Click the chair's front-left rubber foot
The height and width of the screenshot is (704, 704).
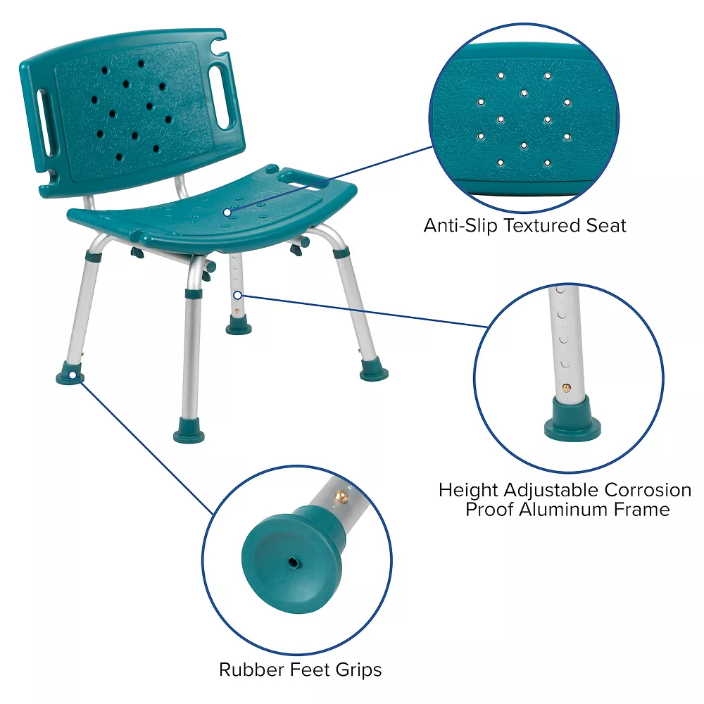pyautogui.click(x=70, y=373)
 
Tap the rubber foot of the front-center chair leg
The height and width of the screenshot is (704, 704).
pyautogui.click(x=189, y=432)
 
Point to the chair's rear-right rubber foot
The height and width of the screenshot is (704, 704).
pyautogui.click(x=374, y=370)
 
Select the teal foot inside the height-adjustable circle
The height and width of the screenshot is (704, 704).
pyautogui.click(x=572, y=420)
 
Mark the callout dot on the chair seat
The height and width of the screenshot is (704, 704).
pyautogui.click(x=227, y=210)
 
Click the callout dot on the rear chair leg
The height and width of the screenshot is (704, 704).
pyautogui.click(x=238, y=295)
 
